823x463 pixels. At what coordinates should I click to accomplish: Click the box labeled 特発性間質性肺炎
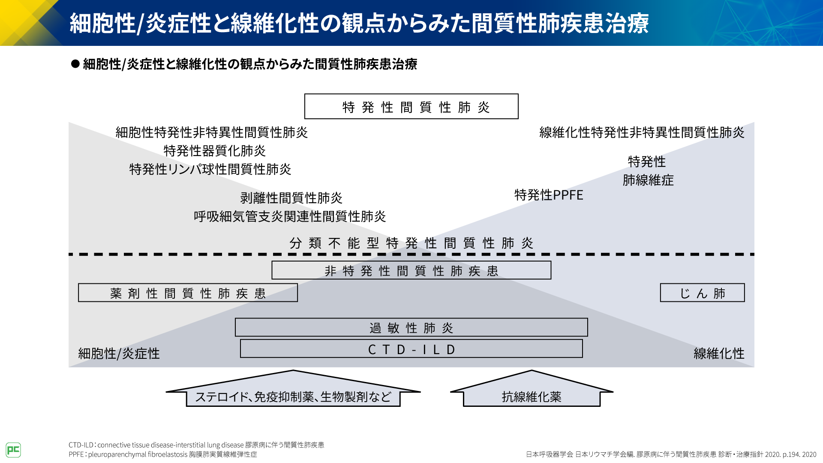(411, 106)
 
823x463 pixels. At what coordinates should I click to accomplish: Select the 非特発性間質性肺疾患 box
(411, 271)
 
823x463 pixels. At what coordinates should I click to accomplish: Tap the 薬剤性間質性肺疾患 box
(188, 293)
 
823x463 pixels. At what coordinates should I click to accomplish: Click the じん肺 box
(702, 293)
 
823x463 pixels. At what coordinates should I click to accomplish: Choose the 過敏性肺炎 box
(411, 328)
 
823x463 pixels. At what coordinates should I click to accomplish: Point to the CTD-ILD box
(411, 349)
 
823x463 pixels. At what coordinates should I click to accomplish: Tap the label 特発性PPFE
(549, 195)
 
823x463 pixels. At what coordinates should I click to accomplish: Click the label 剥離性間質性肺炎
(291, 198)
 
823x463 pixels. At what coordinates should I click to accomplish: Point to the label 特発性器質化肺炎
(214, 151)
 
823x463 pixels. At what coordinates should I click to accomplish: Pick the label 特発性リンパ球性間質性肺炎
(210, 169)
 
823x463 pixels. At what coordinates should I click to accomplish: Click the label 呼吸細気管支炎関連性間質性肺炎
(290, 216)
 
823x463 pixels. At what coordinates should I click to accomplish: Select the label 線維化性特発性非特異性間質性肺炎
(641, 132)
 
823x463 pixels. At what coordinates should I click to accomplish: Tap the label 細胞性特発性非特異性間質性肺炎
(211, 132)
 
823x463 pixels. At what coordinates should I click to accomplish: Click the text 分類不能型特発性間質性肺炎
(411, 243)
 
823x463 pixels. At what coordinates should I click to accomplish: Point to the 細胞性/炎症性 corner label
(119, 354)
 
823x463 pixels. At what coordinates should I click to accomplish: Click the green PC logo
(13, 450)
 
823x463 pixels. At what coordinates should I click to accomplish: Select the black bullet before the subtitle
(75, 64)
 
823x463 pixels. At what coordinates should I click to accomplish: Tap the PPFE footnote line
(163, 454)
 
